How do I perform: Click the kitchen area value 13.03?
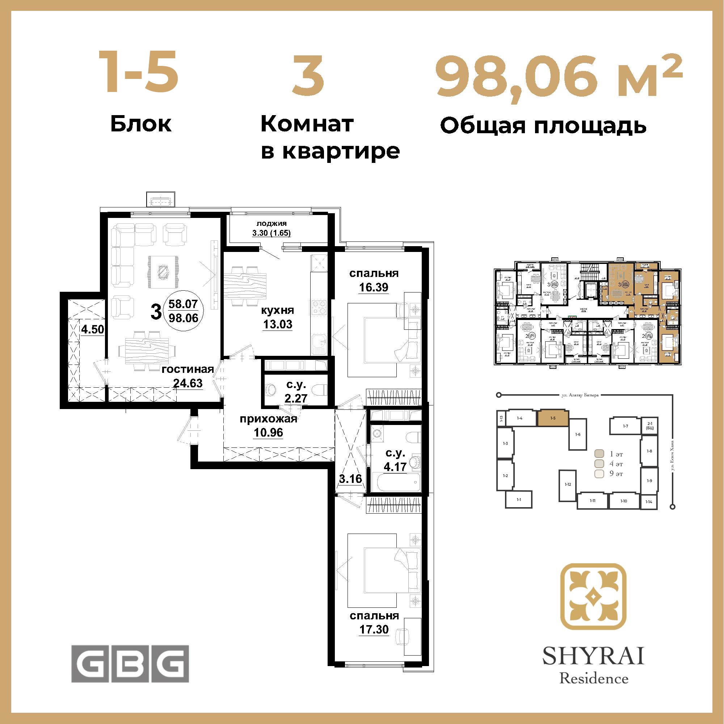[x=277, y=324]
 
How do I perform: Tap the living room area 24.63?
[x=188, y=383]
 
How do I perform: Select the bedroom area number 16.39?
[x=374, y=287]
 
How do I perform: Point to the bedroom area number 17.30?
[x=374, y=629]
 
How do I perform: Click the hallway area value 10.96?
[x=268, y=433]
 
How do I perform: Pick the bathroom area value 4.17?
[x=395, y=467]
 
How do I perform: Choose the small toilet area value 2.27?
[x=296, y=398]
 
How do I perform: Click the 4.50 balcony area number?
[x=93, y=329]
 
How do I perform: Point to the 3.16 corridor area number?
[x=350, y=479]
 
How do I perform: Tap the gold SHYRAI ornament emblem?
[x=593, y=597]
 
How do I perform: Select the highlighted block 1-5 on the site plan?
[x=553, y=418]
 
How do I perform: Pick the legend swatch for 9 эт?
[x=599, y=473]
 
